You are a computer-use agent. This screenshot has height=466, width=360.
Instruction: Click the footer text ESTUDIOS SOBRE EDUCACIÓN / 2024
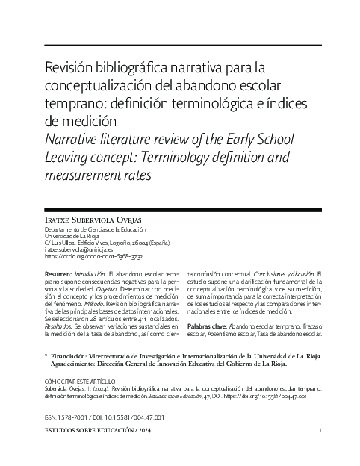96,432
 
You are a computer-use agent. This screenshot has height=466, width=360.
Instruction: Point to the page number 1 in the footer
320,432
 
